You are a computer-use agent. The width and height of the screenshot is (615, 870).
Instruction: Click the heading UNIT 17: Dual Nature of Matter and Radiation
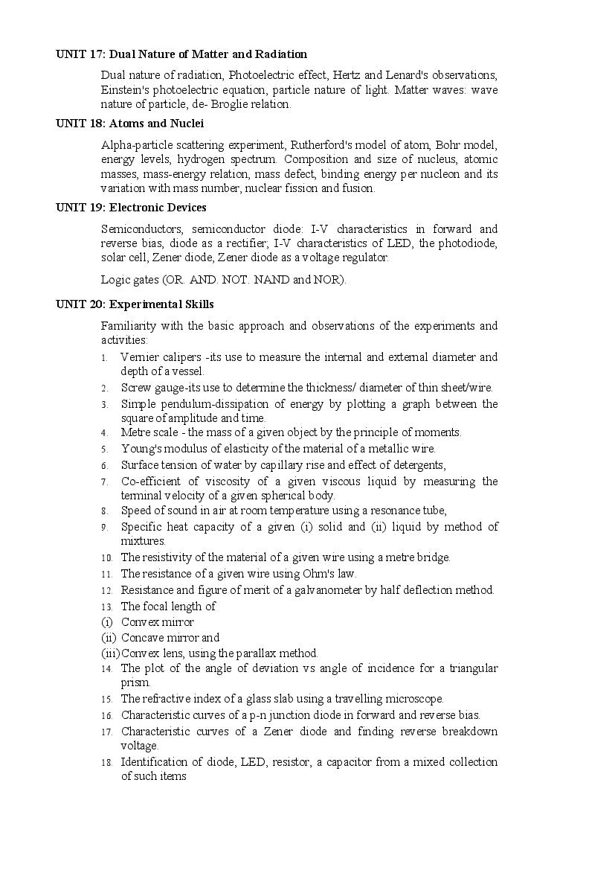[181, 54]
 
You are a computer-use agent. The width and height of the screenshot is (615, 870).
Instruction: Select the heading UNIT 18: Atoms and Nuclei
[130, 124]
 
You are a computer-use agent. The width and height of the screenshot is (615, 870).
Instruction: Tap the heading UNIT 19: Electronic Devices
[131, 208]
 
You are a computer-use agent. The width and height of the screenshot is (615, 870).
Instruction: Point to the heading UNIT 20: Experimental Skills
[135, 304]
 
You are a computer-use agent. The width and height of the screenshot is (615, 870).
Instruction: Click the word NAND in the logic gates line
[274, 280]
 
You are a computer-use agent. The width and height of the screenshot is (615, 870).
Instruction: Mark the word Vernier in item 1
[138, 357]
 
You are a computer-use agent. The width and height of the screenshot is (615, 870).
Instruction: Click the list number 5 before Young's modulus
[105, 450]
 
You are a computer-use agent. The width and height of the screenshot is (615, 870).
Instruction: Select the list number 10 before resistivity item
[106, 558]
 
